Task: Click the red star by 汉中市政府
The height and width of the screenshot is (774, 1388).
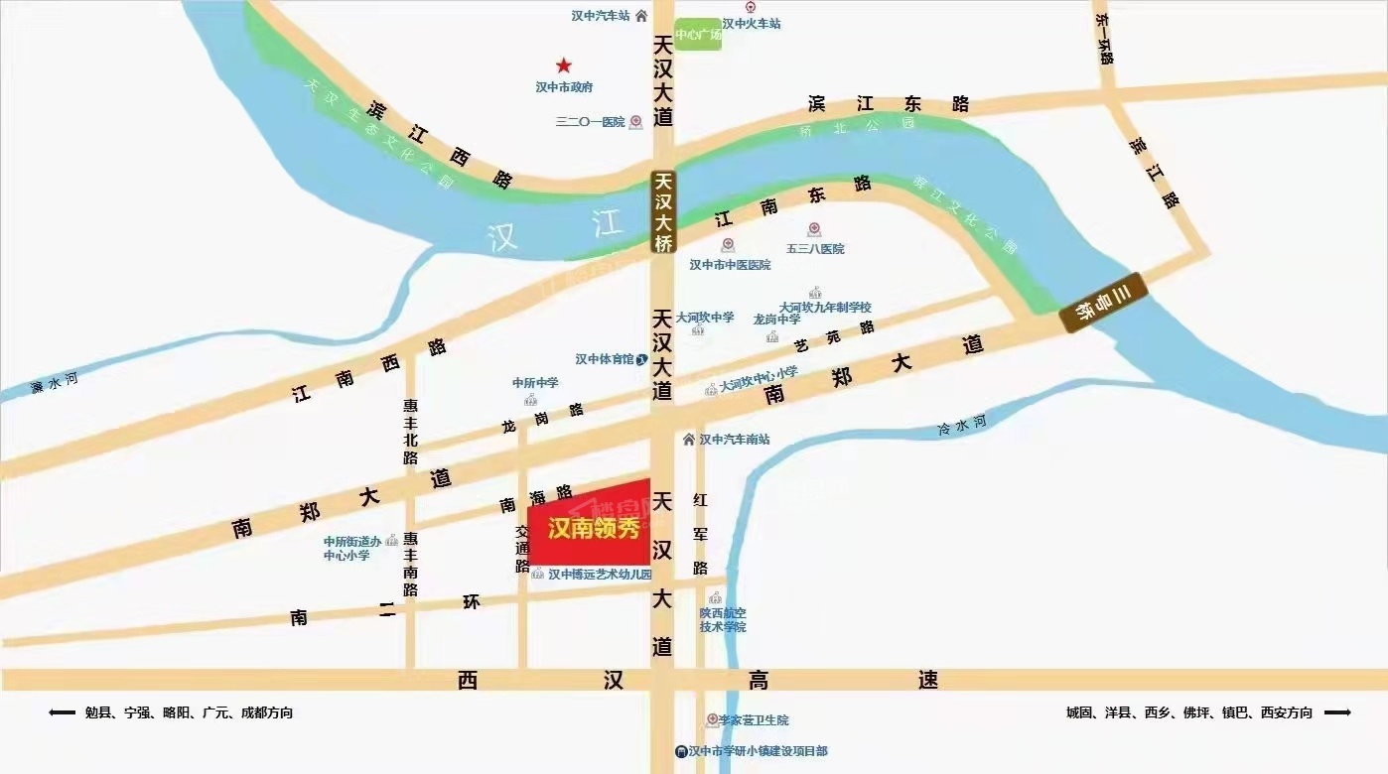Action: point(563,65)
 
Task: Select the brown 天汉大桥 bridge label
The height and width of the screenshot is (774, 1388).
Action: point(663,212)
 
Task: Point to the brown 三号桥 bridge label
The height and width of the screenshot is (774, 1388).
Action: point(1102,301)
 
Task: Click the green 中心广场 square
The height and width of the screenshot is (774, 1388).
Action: point(698,35)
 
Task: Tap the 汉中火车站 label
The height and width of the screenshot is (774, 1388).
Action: point(752,23)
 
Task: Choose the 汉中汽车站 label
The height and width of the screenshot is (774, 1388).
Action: point(602,16)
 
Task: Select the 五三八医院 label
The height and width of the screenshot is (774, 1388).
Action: point(815,248)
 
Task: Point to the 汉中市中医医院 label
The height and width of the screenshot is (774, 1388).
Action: point(730,265)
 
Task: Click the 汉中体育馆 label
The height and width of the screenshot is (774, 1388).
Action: point(605,359)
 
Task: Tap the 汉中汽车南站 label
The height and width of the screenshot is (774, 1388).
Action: point(735,439)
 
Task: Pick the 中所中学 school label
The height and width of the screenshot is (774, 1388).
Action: point(535,383)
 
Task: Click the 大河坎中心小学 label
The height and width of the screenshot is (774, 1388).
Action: point(759,384)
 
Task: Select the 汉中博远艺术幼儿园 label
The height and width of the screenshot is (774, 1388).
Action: point(600,575)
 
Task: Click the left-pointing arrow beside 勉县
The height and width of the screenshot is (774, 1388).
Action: point(62,712)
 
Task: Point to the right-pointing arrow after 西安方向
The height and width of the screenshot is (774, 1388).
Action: point(1337,712)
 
